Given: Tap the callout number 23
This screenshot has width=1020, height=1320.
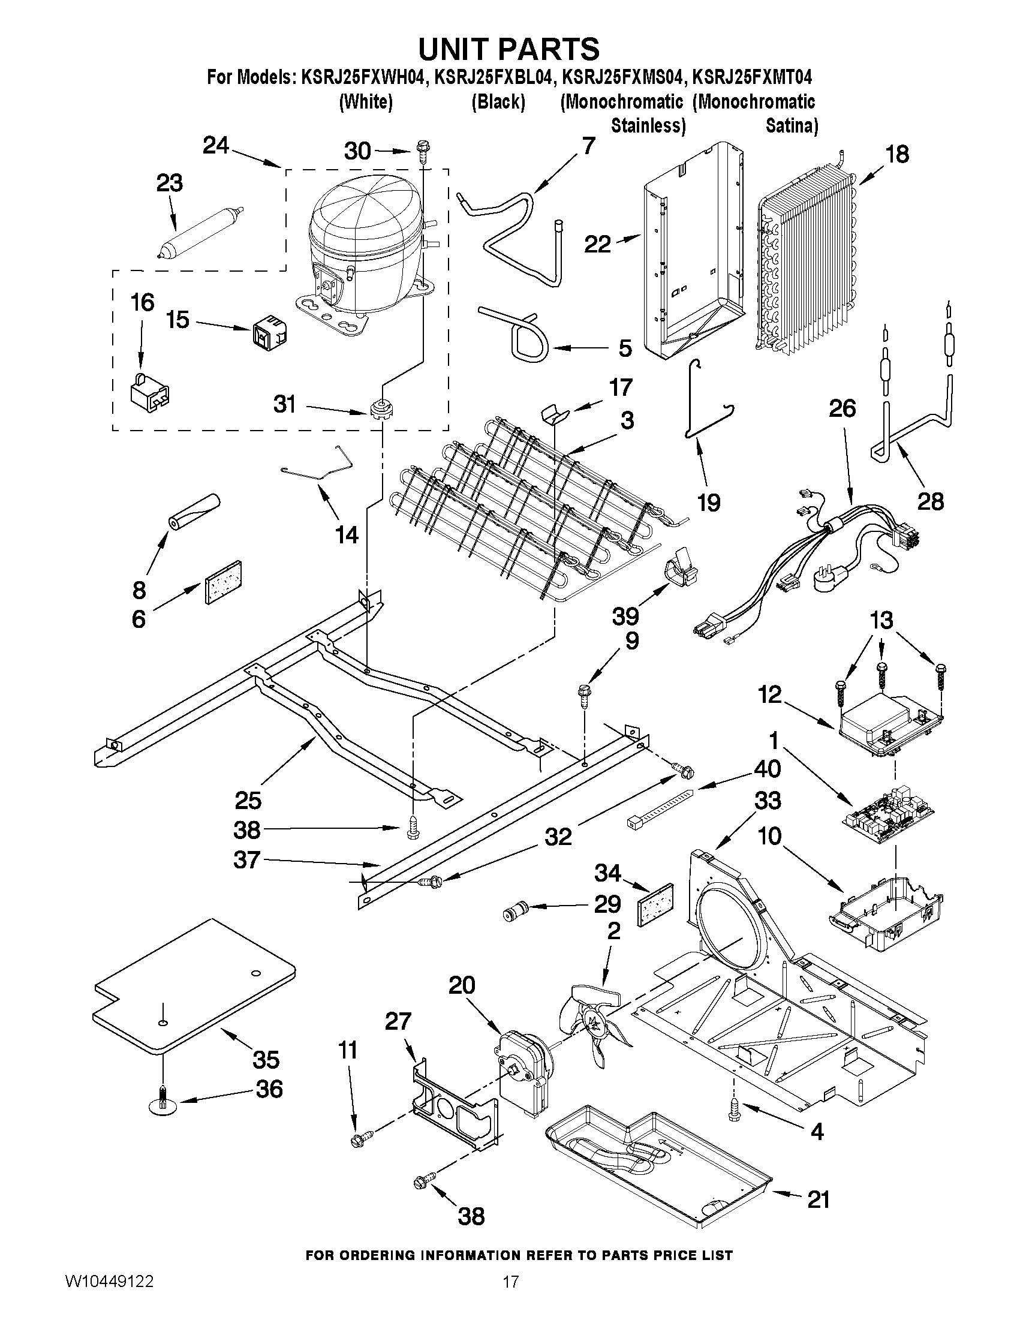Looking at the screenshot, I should (x=169, y=183).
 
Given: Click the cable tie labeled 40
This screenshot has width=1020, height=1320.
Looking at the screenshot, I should (x=658, y=807).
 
